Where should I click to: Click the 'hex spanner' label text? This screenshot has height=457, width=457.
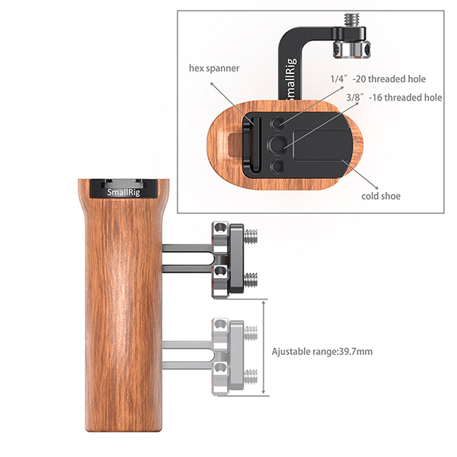[214, 69]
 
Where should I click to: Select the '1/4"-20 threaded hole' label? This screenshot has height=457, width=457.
[378, 78]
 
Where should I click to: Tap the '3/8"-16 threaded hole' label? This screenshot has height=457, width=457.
[394, 97]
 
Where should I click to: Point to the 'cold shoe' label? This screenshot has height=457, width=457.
[381, 196]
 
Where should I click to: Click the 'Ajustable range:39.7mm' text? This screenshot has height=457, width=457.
[322, 351]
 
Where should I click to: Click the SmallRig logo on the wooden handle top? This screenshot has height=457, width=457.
[123, 193]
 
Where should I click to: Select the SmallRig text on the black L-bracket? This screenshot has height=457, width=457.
[291, 78]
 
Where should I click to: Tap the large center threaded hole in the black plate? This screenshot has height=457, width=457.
[276, 143]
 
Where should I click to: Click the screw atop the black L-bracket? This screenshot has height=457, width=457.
[350, 21]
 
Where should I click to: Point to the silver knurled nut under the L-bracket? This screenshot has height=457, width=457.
[352, 49]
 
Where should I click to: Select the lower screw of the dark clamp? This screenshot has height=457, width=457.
[251, 280]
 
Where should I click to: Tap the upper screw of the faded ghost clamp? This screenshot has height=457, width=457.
[251, 333]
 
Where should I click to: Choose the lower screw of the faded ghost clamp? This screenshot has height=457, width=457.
[251, 376]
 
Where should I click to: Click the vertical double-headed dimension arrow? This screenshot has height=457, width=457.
[264, 347]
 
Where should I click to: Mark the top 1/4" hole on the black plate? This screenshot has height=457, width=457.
[277, 123]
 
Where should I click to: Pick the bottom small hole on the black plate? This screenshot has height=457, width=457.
[277, 166]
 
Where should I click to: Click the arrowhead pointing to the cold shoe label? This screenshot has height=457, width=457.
[376, 187]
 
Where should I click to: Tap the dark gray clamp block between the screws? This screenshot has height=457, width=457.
[236, 258]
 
